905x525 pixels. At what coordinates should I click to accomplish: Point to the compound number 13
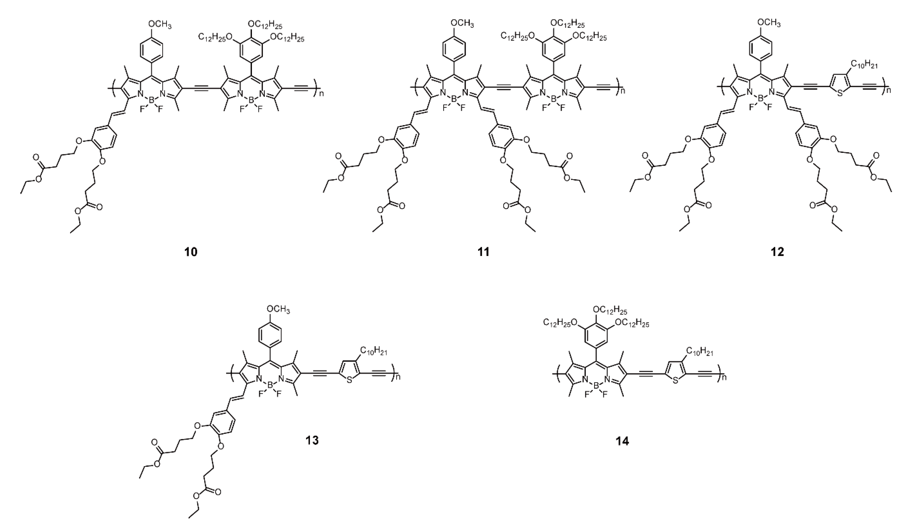[x=312, y=440]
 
